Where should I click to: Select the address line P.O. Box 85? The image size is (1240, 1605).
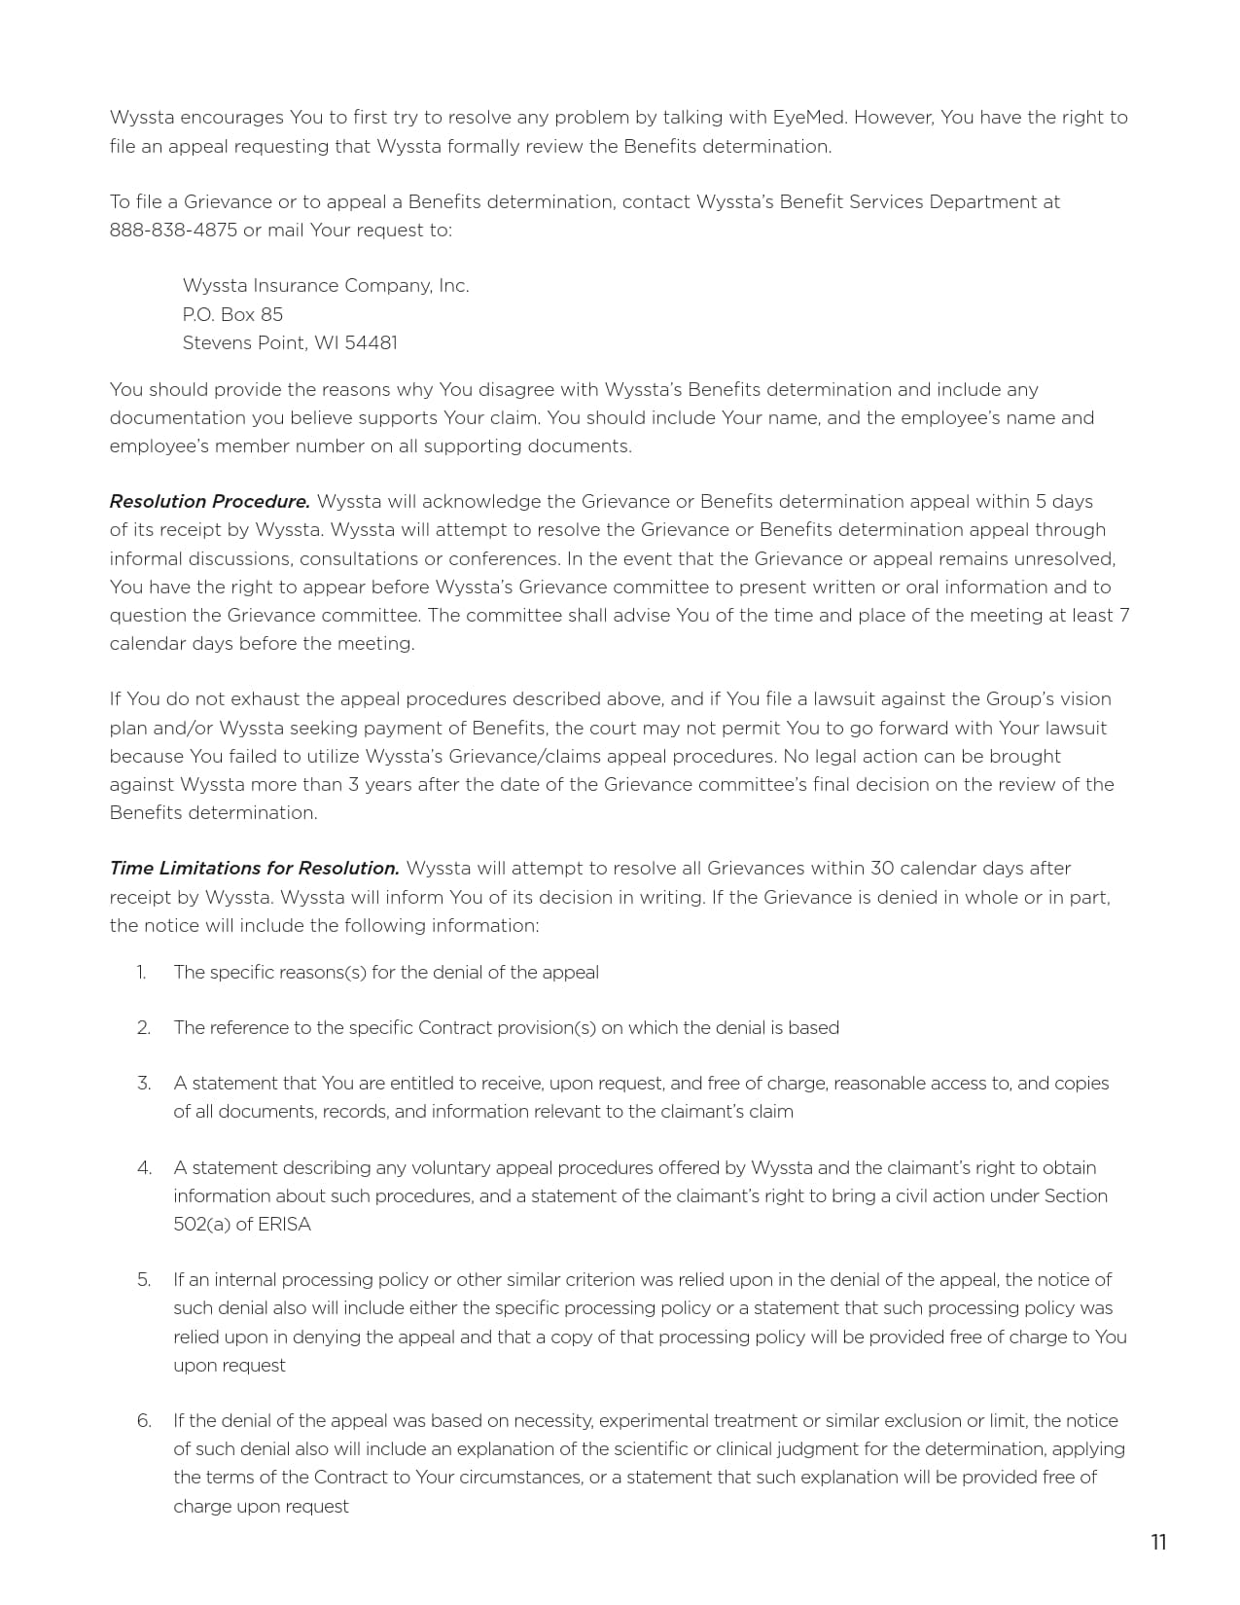point(232,314)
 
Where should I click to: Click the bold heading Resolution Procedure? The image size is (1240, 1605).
point(209,502)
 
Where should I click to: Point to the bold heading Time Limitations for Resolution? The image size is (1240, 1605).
point(254,869)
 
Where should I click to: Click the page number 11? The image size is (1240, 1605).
point(1158,1543)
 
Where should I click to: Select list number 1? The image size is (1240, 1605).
point(141,973)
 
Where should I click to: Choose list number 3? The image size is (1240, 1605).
point(143,1084)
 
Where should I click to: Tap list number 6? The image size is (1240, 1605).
point(143,1421)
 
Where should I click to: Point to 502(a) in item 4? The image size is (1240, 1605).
point(202,1225)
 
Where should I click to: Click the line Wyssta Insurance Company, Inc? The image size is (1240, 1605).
point(325,286)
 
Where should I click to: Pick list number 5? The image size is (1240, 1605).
point(143,1280)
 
